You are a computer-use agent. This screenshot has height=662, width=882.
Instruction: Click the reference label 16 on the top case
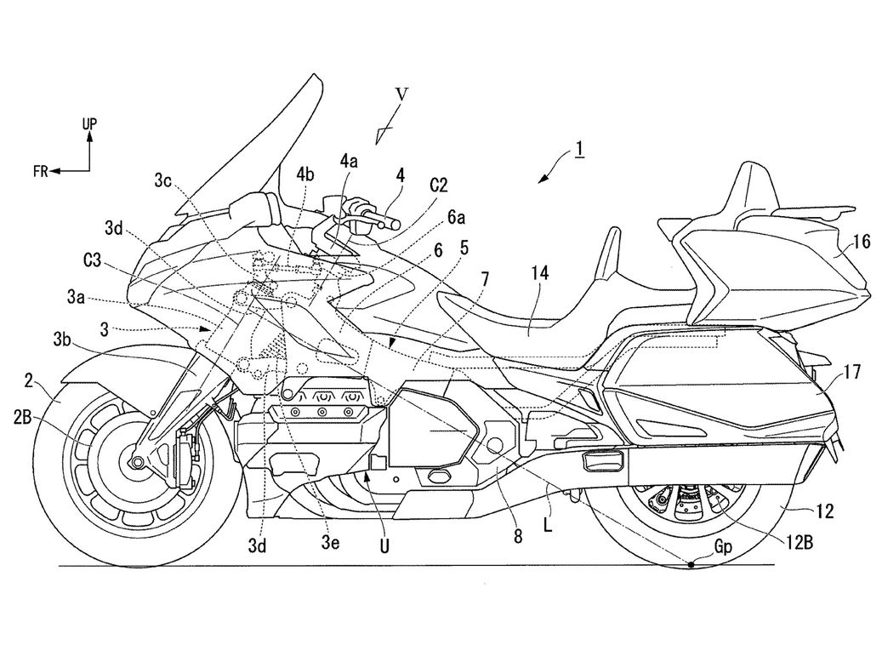(861, 242)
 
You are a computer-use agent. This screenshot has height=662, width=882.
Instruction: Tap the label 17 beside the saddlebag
(851, 372)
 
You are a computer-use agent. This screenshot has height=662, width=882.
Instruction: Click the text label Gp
(723, 546)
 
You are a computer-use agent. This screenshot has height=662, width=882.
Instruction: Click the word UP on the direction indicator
(89, 123)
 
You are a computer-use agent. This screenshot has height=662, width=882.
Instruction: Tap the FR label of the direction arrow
(41, 171)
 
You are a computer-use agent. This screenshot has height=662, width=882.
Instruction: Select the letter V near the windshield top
(401, 94)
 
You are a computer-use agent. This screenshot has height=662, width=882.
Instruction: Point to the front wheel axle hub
(135, 462)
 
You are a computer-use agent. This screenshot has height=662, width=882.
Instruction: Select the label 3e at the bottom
(329, 542)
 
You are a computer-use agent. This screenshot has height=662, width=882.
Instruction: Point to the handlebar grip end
(395, 224)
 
